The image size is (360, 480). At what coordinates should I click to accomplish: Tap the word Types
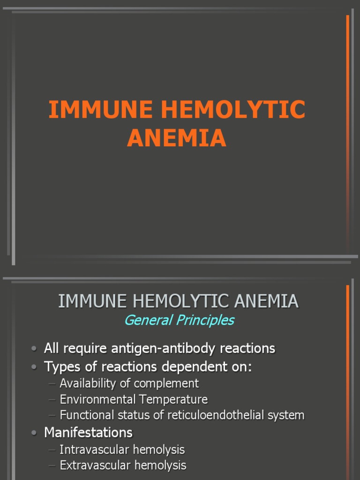(x=62, y=367)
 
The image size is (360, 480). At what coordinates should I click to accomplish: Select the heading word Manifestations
(x=88, y=432)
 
